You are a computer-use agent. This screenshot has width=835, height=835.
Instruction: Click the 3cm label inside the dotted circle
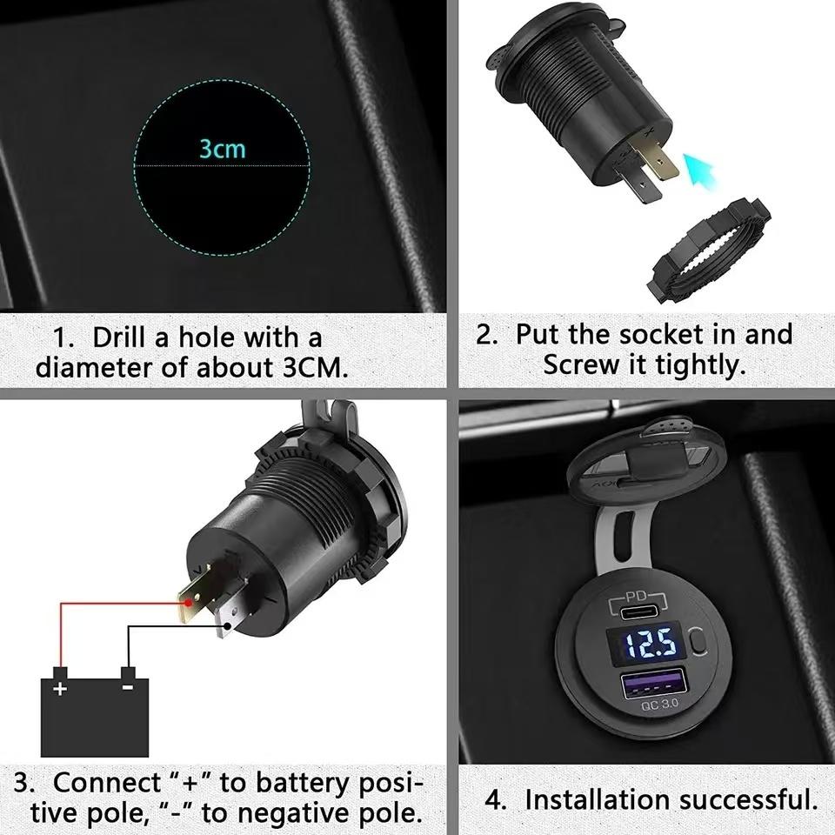pyautogui.click(x=223, y=149)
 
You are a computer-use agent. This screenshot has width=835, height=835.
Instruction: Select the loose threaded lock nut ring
pyautogui.click(x=708, y=250)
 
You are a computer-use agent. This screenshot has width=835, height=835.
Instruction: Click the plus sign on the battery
pyautogui.click(x=60, y=689)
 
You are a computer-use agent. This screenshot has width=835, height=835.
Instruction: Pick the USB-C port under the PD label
pyautogui.click(x=644, y=611)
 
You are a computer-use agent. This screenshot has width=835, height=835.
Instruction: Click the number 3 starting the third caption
pyautogui.click(x=23, y=783)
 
